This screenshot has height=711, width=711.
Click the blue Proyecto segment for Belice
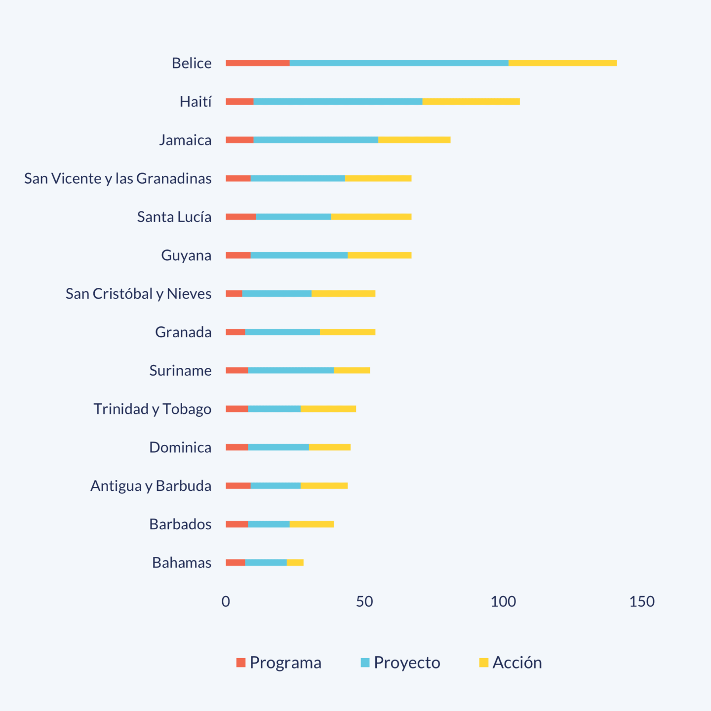point(399,63)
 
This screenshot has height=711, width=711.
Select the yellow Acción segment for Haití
point(471,102)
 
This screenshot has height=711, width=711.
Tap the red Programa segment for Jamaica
point(239,140)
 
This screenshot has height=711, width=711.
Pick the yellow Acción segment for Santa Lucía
point(371,217)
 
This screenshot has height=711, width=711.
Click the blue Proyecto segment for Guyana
point(299,255)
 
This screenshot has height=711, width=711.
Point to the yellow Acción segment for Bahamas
point(295,562)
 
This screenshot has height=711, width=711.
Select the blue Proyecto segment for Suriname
point(291,370)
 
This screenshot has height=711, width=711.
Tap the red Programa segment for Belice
point(258,63)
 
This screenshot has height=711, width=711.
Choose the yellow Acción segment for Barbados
point(312,524)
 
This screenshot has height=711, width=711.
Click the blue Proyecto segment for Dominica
point(278,447)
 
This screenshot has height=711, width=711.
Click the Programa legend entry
point(279,663)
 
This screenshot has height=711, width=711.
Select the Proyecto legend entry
point(400,663)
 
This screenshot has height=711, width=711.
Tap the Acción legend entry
point(511,663)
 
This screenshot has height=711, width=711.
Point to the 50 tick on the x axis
point(364,601)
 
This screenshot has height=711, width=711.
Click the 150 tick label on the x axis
point(642,601)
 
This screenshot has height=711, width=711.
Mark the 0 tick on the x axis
point(226,601)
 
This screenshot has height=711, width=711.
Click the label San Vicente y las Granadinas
point(118,178)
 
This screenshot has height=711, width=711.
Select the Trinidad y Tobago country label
point(153,409)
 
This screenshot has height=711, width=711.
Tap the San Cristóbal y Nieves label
point(139,294)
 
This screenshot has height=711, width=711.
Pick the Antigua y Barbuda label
point(151,486)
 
